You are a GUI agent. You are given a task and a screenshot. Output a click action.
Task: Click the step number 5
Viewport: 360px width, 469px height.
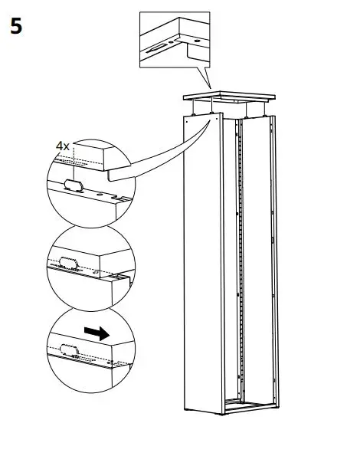tap(15, 28)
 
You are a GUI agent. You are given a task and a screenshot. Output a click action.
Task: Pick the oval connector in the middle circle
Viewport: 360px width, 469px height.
tap(67, 264)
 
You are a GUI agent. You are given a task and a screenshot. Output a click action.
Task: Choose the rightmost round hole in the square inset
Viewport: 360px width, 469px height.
tap(198, 38)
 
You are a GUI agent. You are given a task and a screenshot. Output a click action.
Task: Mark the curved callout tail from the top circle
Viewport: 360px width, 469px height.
tap(169, 157)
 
